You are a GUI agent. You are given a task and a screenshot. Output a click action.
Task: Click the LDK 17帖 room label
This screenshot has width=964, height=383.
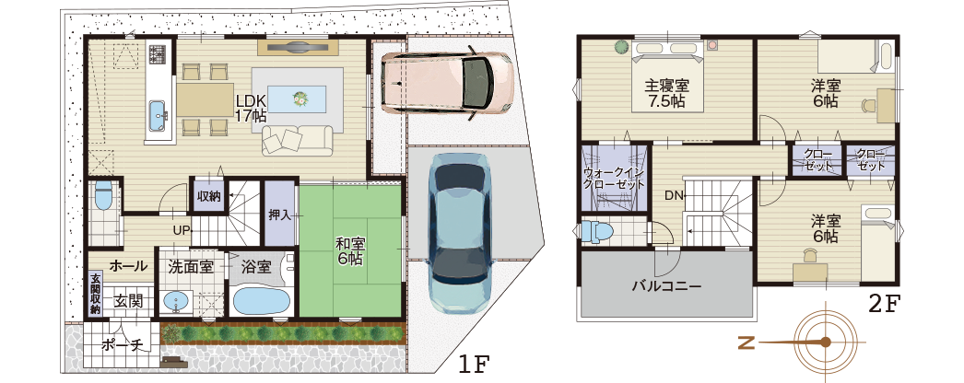point(251,109)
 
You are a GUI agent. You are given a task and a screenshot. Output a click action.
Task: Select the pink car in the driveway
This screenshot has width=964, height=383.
point(445,83)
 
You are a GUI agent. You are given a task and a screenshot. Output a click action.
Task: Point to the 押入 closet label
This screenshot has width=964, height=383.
point(279,215)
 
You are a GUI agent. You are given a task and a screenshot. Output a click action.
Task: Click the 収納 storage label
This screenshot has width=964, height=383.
point(208,196)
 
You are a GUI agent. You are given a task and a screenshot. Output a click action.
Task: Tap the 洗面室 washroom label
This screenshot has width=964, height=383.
point(191,267)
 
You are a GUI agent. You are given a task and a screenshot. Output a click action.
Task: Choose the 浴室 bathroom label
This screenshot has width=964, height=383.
point(255,267)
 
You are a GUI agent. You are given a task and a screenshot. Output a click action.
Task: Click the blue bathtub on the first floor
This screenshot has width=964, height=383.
point(262,300)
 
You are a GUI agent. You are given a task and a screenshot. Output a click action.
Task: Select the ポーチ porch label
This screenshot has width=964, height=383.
point(122,346)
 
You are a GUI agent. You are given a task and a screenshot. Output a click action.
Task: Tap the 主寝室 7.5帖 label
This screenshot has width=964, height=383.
point(667,93)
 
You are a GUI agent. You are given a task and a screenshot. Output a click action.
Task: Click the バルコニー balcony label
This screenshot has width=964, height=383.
point(666,286)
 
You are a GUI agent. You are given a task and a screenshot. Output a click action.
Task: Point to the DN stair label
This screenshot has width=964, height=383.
point(674,195)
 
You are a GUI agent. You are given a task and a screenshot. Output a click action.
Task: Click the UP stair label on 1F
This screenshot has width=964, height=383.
point(180,229)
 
